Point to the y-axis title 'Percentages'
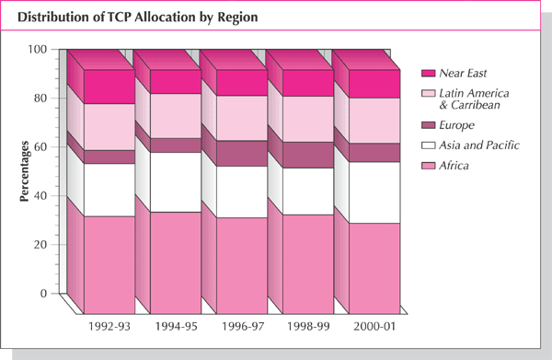[x=24, y=171]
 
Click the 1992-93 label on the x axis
[x=108, y=325]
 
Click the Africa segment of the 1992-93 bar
[x=109, y=262]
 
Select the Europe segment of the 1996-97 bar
[x=242, y=153]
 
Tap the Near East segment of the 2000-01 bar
[x=374, y=84]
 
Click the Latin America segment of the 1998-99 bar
[x=308, y=119]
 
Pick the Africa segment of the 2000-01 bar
[x=374, y=266]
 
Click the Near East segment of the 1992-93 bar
[x=109, y=86]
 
